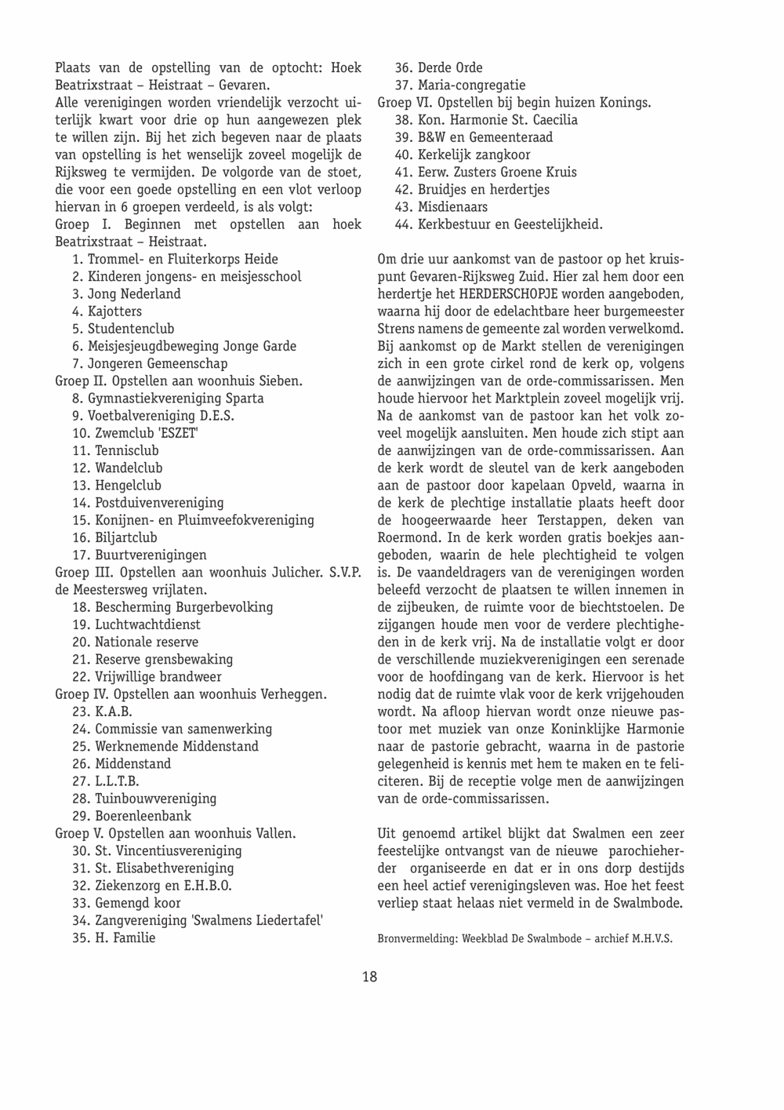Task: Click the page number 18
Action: click(369, 977)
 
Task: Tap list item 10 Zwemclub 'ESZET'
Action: click(135, 433)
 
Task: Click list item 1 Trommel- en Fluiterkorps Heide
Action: click(175, 259)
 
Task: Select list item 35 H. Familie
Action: click(114, 937)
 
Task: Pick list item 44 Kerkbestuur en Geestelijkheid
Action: click(499, 224)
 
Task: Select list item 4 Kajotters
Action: click(107, 311)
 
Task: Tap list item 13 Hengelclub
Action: click(117, 485)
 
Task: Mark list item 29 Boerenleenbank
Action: click(132, 816)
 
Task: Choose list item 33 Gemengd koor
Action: click(126, 903)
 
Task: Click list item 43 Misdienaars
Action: click(441, 207)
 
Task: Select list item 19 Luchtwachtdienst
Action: click(136, 624)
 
